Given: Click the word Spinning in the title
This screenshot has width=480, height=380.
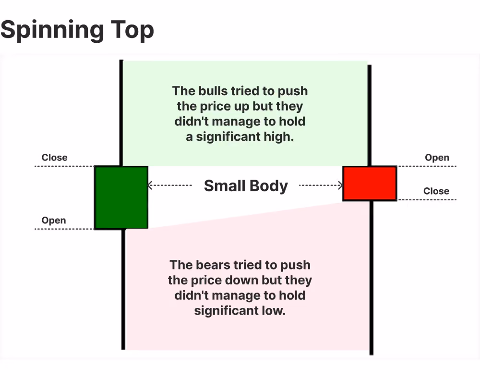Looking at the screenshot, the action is point(52,30).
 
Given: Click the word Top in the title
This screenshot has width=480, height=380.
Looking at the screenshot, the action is point(132,30).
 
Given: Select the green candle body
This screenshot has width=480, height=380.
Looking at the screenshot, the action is point(121,197).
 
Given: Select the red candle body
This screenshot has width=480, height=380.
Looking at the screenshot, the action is point(370,183).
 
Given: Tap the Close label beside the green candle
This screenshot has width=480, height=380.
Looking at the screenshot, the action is point(55,158).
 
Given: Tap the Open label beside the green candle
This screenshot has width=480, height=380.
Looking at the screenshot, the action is point(54,221).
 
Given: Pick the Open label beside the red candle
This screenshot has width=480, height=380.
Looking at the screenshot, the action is point(437,158).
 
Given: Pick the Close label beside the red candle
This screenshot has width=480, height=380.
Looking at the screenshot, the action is point(436,191).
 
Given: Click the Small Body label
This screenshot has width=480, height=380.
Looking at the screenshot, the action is point(246,186).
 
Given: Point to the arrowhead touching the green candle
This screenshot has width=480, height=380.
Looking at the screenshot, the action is point(150,185).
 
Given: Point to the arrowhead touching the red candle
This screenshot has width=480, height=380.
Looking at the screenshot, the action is point(340,185).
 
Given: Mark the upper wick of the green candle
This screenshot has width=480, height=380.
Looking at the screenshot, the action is point(121,113).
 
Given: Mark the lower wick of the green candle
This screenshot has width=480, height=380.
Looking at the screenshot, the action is point(123,289).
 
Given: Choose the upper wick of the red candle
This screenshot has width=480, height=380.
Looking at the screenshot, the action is point(369,115).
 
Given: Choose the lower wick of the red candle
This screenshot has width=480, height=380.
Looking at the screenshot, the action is point(372,278).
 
